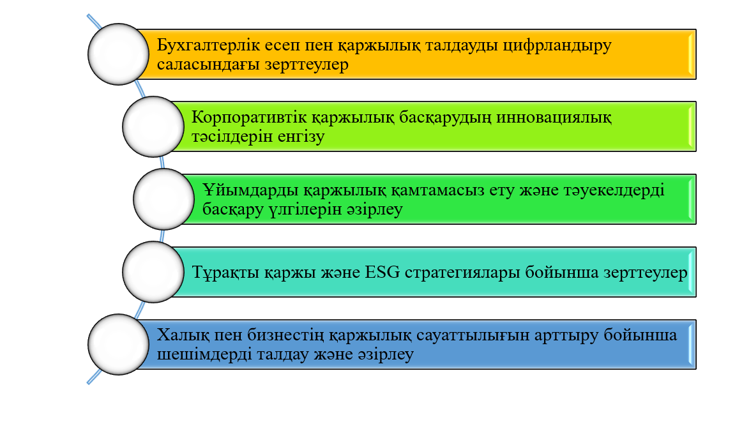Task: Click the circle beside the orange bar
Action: coord(119,54)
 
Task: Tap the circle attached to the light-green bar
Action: coord(153,127)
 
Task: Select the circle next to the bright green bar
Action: coord(164,199)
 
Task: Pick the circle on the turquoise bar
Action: coord(153,272)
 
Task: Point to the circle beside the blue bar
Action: coord(119,344)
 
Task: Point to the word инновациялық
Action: coord(554,117)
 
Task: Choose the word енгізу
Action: coord(301,137)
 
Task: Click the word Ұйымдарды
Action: coord(251,190)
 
